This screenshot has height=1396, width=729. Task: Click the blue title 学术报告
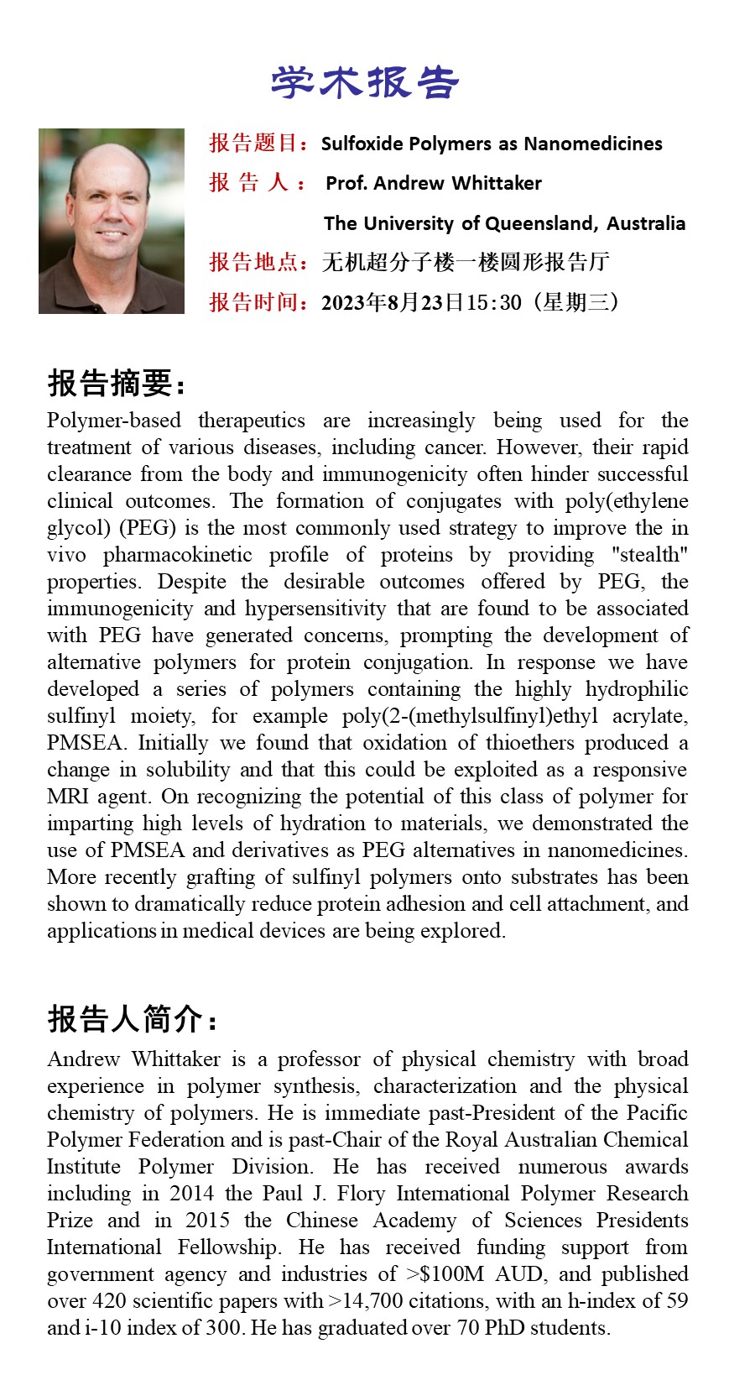(365, 82)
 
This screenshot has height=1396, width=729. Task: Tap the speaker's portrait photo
(112, 221)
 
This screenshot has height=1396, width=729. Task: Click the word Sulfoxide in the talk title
(362, 144)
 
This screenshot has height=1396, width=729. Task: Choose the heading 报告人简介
(132, 1019)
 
